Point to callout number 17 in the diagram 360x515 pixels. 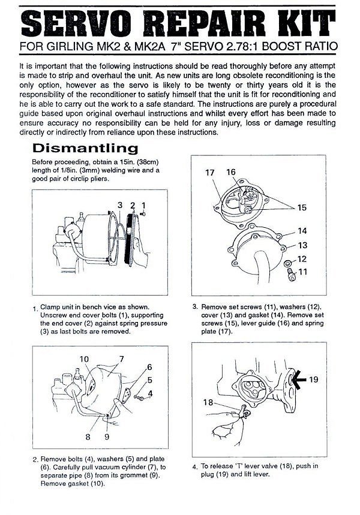point(209,173)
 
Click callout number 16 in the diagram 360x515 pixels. point(231,173)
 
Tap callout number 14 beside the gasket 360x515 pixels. point(302,231)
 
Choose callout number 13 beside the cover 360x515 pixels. point(302,245)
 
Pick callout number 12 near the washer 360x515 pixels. point(302,259)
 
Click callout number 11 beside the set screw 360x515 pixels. point(302,272)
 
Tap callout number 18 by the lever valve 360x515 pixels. point(208,403)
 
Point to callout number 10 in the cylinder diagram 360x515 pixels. point(85,360)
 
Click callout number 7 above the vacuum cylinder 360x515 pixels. point(122,359)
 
